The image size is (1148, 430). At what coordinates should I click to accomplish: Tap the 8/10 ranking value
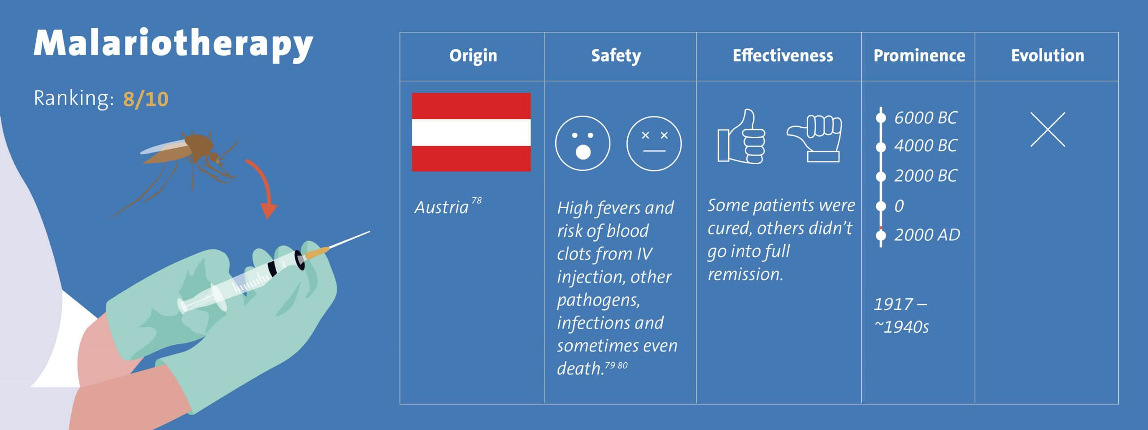click(x=146, y=99)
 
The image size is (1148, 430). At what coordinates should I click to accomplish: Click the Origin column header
click(x=473, y=56)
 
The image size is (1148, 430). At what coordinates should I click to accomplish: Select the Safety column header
click(x=616, y=56)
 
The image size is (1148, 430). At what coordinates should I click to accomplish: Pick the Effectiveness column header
click(x=783, y=56)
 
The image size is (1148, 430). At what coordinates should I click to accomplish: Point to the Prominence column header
click(x=919, y=56)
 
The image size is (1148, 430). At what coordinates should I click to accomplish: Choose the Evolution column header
click(x=1048, y=56)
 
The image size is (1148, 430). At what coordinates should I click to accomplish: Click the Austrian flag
click(x=471, y=132)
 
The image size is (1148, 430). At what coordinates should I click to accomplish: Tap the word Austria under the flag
click(x=442, y=208)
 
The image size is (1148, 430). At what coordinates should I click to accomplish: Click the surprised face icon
click(x=583, y=143)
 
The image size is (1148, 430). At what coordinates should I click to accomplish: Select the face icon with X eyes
click(x=654, y=143)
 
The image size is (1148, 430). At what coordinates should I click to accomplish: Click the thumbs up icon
click(x=742, y=137)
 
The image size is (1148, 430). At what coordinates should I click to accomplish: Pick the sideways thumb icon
click(x=814, y=138)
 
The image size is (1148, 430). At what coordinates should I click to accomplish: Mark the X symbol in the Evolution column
click(x=1048, y=130)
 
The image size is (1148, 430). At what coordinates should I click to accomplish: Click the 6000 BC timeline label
click(x=926, y=118)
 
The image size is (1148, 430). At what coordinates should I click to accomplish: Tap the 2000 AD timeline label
click(x=927, y=235)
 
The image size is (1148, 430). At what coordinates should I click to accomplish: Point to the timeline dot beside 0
click(x=881, y=206)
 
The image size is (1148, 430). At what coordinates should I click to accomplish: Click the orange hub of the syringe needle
click(x=317, y=252)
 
